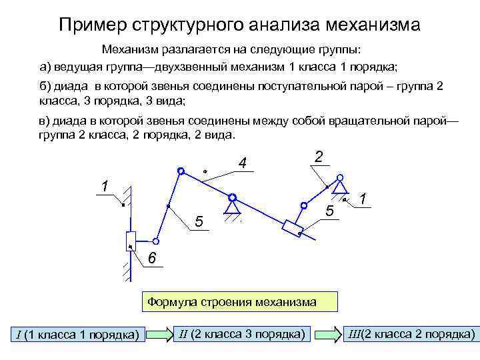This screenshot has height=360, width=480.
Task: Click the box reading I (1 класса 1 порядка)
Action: click(78, 334)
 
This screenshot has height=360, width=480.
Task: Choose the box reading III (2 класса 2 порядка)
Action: click(412, 333)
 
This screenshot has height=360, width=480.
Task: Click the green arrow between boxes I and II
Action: click(160, 334)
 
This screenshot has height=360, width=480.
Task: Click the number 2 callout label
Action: click(319, 156)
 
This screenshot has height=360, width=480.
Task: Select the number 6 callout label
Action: click(152, 259)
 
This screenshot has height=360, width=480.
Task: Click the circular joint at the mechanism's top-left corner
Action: click(180, 171)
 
